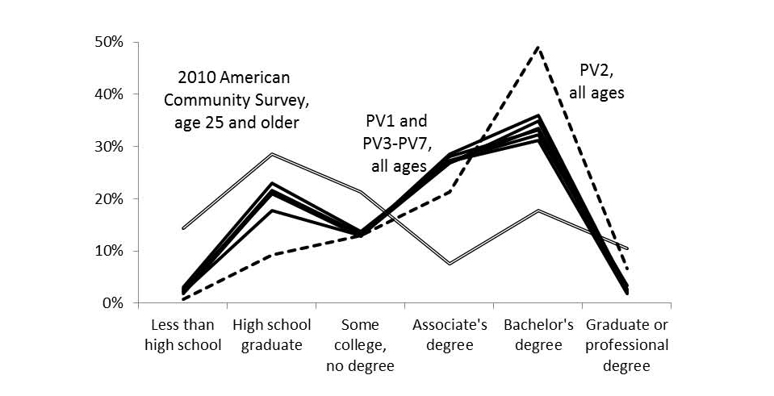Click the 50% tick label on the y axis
(107, 42)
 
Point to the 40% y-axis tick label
(107, 94)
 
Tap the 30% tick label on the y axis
(107, 147)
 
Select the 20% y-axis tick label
(107, 199)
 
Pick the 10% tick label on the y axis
(107, 252)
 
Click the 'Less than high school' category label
(183, 336)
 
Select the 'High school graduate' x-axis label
(271, 336)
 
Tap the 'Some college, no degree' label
(360, 346)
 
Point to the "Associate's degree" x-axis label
(450, 336)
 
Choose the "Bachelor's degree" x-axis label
(538, 336)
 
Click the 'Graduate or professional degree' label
(627, 346)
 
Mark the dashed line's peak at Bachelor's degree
(538, 47)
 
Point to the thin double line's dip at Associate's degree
(450, 264)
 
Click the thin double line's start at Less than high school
(184, 228)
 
